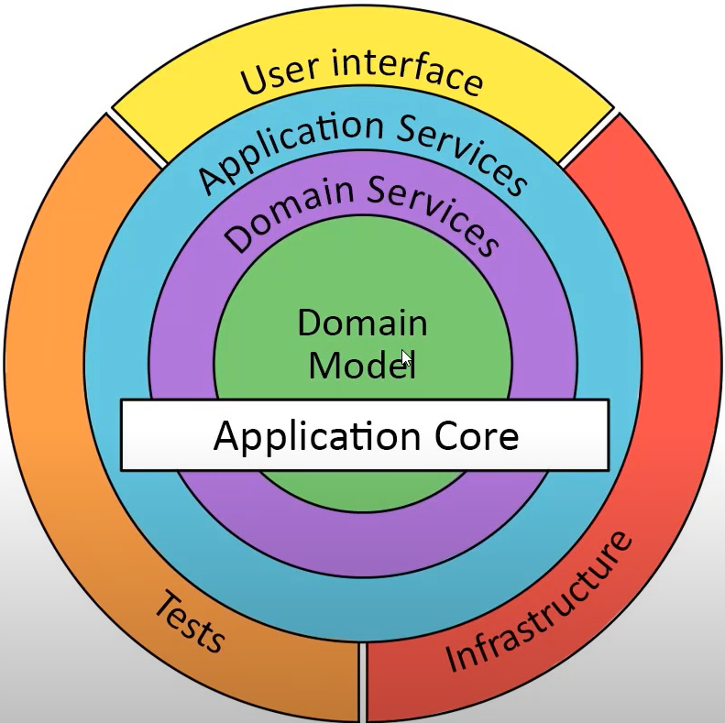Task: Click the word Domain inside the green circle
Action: (x=362, y=323)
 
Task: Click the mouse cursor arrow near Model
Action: (x=406, y=359)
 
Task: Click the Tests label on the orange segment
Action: (x=188, y=622)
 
